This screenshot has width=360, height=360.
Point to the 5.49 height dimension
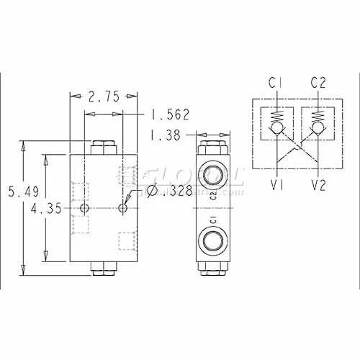point(17,192)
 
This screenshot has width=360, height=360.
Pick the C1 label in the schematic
point(274,83)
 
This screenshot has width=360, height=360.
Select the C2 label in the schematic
point(319,83)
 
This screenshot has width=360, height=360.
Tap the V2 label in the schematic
point(319,185)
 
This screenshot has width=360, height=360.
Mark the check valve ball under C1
point(274,131)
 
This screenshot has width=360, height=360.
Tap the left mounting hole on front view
point(85,208)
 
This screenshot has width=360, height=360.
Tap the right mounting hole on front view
point(123,208)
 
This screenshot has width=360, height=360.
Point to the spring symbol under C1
point(274,116)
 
